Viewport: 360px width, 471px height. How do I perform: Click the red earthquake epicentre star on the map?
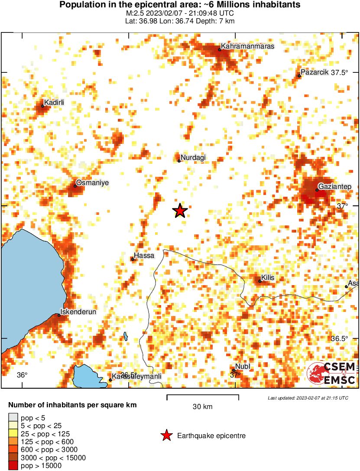pos(180,211)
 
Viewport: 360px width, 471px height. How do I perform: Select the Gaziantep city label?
pos(335,186)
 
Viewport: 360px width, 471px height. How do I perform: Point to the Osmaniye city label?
pos(92,183)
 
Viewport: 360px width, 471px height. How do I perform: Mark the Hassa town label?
pos(144,256)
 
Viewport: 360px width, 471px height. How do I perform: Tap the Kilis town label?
pos(268,278)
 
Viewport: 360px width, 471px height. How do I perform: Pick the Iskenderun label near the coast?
pos(78,312)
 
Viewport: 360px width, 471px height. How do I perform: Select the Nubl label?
pos(243,367)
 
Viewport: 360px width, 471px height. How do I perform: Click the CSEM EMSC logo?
pos(331,373)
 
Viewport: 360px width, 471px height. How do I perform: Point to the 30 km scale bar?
pos(202,396)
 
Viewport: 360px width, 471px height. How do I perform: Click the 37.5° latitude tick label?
pos(340,72)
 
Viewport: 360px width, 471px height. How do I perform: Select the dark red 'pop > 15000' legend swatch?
pos(13,466)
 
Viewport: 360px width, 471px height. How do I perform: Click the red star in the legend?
pos(166,435)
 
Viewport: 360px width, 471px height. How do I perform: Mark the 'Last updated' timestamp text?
pos(308,398)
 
